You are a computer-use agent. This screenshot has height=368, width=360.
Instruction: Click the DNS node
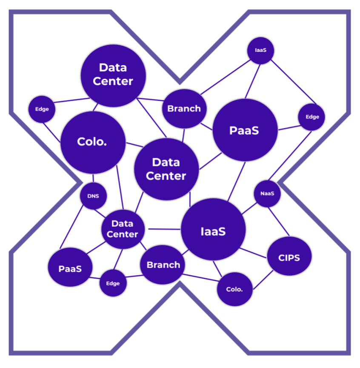click(93, 196)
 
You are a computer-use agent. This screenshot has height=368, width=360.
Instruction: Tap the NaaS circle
click(267, 194)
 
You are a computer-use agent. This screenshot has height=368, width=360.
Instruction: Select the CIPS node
click(289, 257)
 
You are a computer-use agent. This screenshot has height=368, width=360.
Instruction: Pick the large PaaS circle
click(245, 130)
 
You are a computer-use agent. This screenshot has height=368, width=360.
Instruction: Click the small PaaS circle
click(70, 268)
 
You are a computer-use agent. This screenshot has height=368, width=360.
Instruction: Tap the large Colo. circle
click(93, 142)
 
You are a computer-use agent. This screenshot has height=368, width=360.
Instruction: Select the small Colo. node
click(234, 289)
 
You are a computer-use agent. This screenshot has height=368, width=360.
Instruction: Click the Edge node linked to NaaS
click(312, 117)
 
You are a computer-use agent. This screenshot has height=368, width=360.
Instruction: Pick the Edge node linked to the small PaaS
click(113, 283)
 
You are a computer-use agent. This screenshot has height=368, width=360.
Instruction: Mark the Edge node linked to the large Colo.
click(42, 109)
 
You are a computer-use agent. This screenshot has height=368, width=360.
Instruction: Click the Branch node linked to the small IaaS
click(184, 108)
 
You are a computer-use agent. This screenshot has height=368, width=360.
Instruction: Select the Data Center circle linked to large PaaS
click(166, 169)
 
